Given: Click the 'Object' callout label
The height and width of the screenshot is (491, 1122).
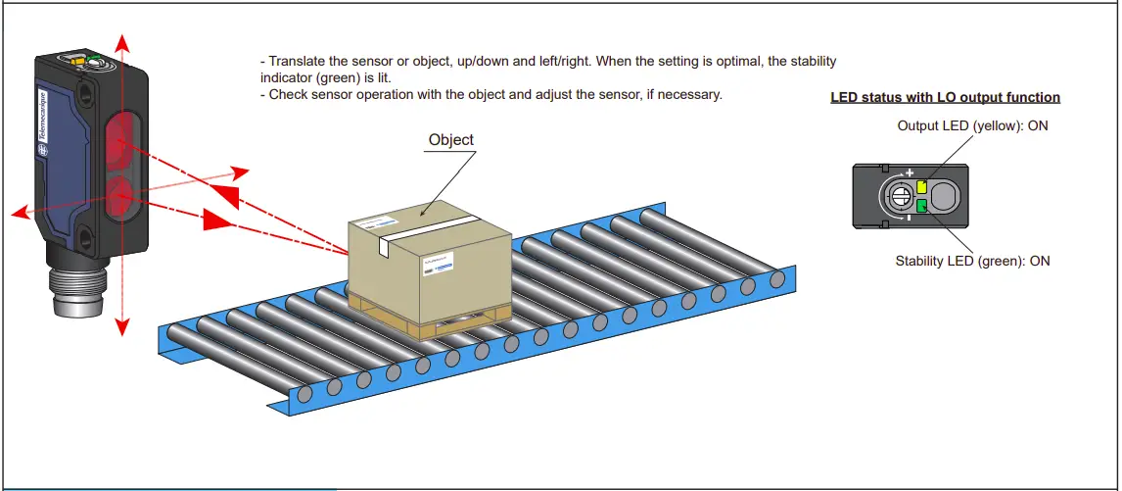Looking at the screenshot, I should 450,140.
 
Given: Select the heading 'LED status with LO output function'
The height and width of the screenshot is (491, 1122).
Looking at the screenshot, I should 945,97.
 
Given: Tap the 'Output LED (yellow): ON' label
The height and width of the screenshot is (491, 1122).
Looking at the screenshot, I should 972,126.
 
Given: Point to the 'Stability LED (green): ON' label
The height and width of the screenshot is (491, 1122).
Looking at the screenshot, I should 972,261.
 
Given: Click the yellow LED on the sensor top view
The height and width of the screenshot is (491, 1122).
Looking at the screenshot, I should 921,186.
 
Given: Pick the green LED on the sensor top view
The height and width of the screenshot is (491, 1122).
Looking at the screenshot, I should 921,205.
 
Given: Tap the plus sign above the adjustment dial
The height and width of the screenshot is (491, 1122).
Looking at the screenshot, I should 910,172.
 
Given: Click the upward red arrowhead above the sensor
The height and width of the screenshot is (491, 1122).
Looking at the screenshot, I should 121,42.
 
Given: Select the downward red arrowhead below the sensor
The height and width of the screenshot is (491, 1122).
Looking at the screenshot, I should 121,327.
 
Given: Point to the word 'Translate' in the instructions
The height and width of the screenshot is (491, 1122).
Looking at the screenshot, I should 299,62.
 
